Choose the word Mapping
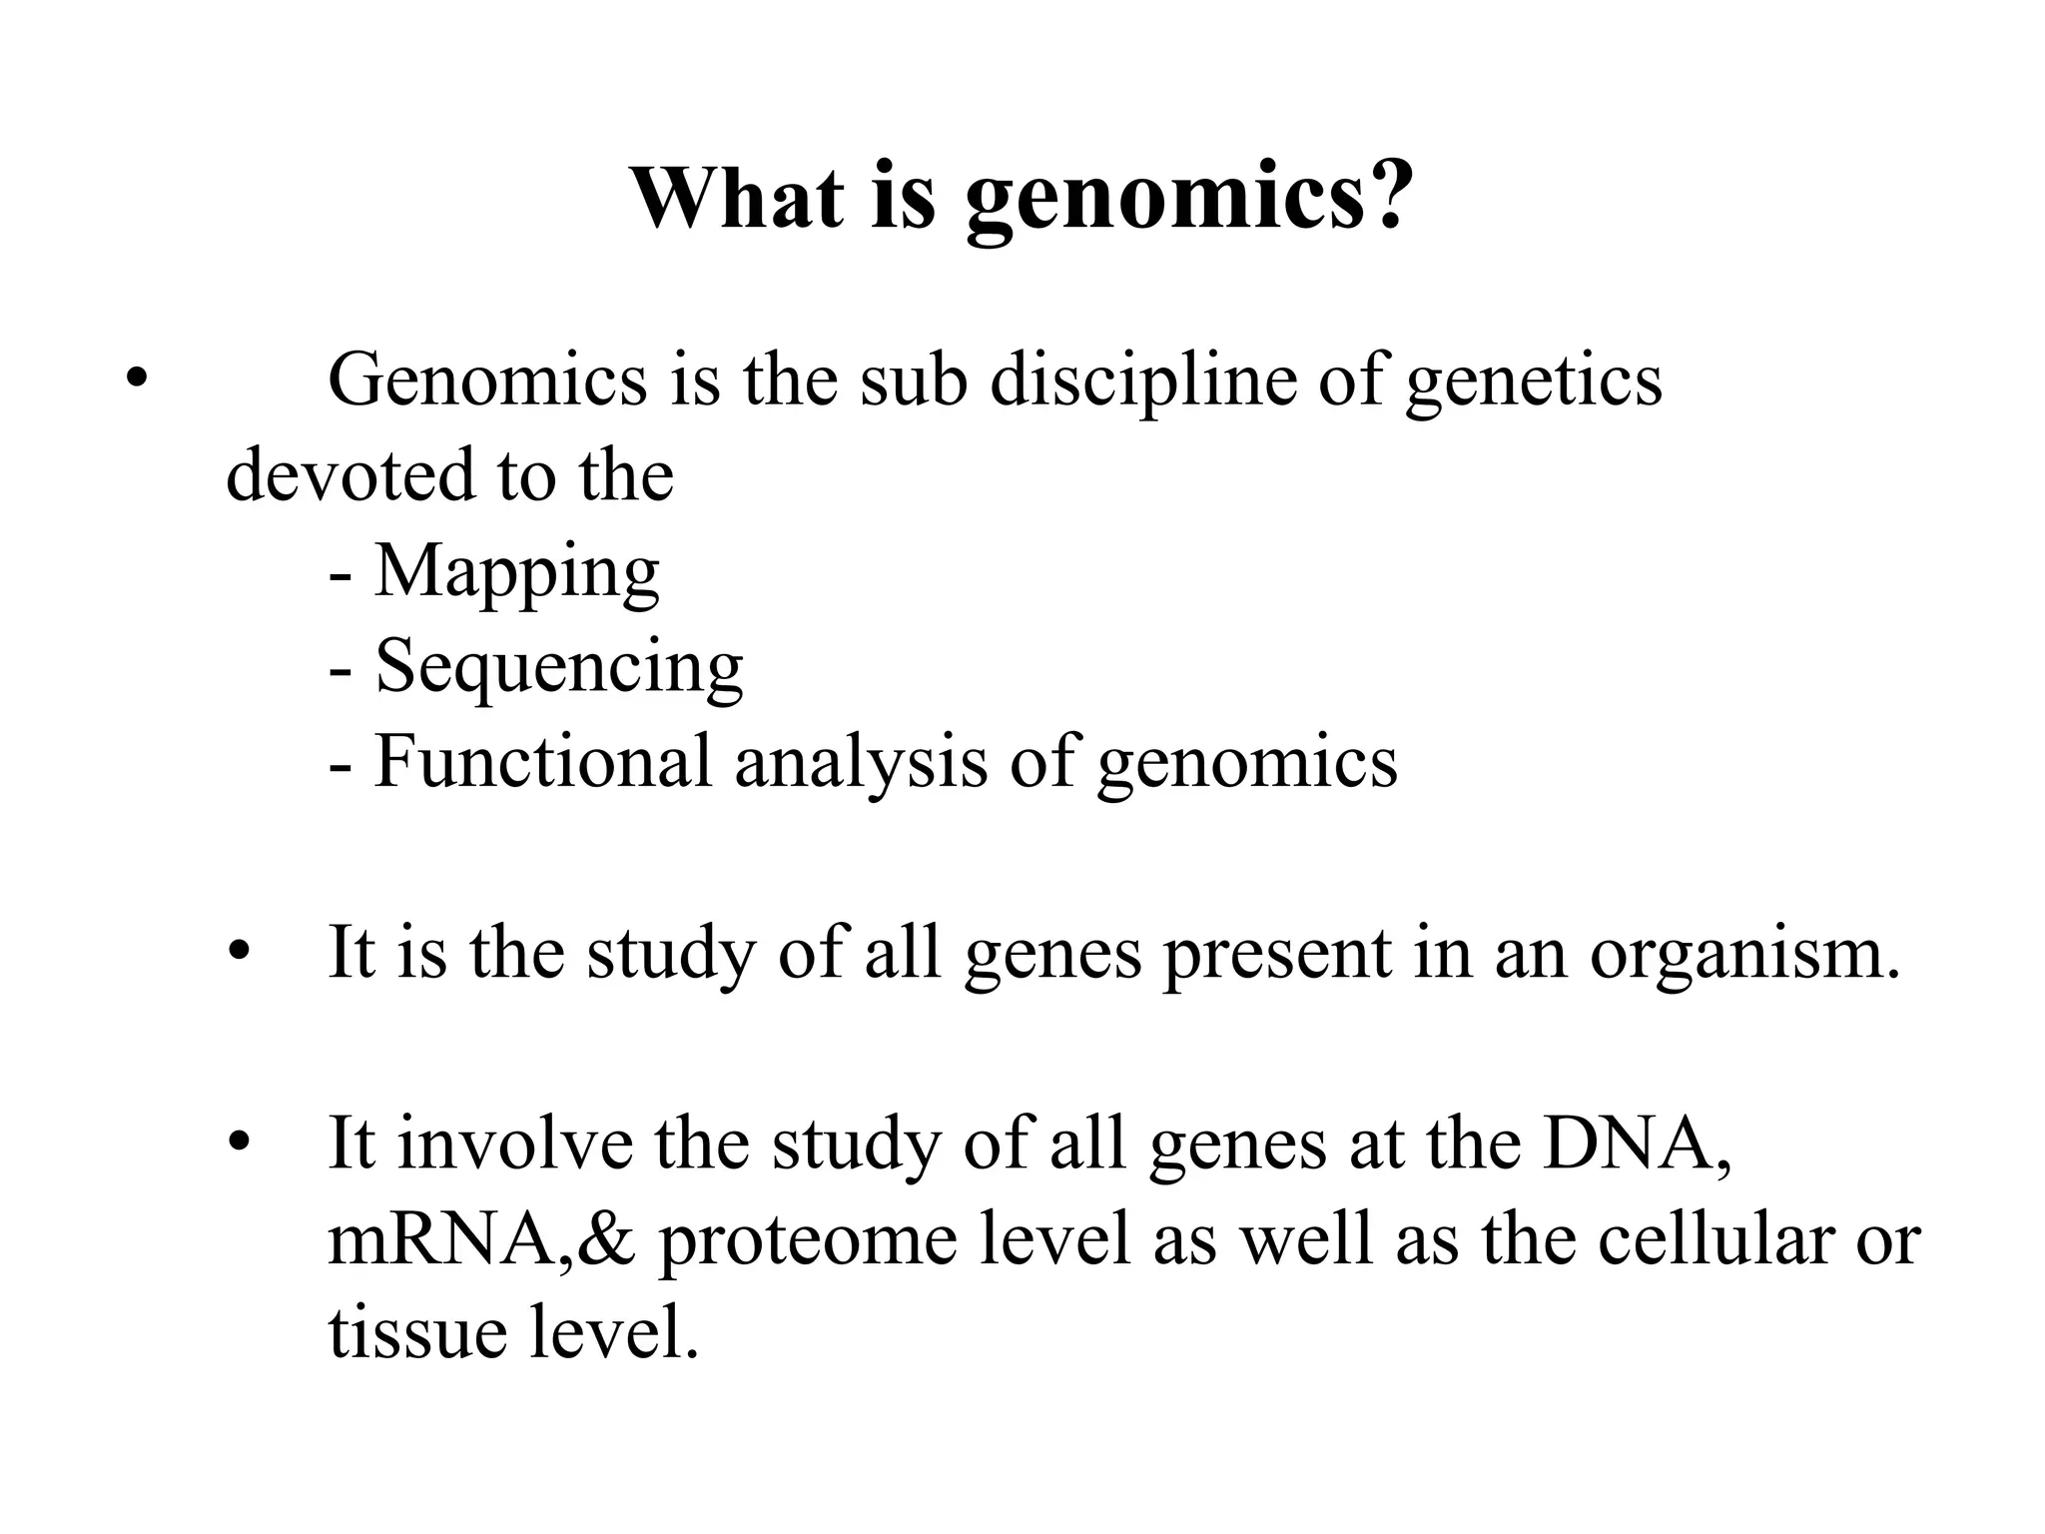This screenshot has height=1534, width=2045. point(516,573)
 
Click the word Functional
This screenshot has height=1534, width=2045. point(542,761)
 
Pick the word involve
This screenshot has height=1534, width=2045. point(514,1144)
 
